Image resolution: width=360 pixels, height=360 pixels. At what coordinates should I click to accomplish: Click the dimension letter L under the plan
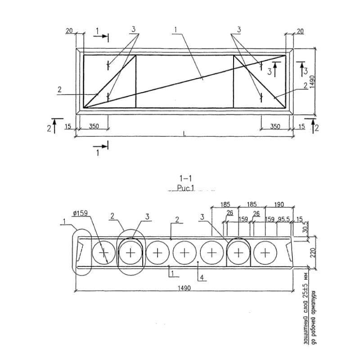[184, 133]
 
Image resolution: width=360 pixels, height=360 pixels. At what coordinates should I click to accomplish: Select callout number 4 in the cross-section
[203, 278]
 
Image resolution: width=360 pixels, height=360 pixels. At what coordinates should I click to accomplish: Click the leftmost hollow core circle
[103, 252]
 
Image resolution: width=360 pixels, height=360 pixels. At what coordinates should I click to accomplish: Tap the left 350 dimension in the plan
[94, 126]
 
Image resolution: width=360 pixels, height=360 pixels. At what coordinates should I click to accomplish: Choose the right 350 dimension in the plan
[274, 126]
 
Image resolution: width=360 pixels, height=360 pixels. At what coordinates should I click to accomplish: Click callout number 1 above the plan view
[175, 29]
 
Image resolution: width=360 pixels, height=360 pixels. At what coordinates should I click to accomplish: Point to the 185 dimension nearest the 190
[252, 205]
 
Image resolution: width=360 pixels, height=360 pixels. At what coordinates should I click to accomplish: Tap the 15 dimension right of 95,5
[300, 220]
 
